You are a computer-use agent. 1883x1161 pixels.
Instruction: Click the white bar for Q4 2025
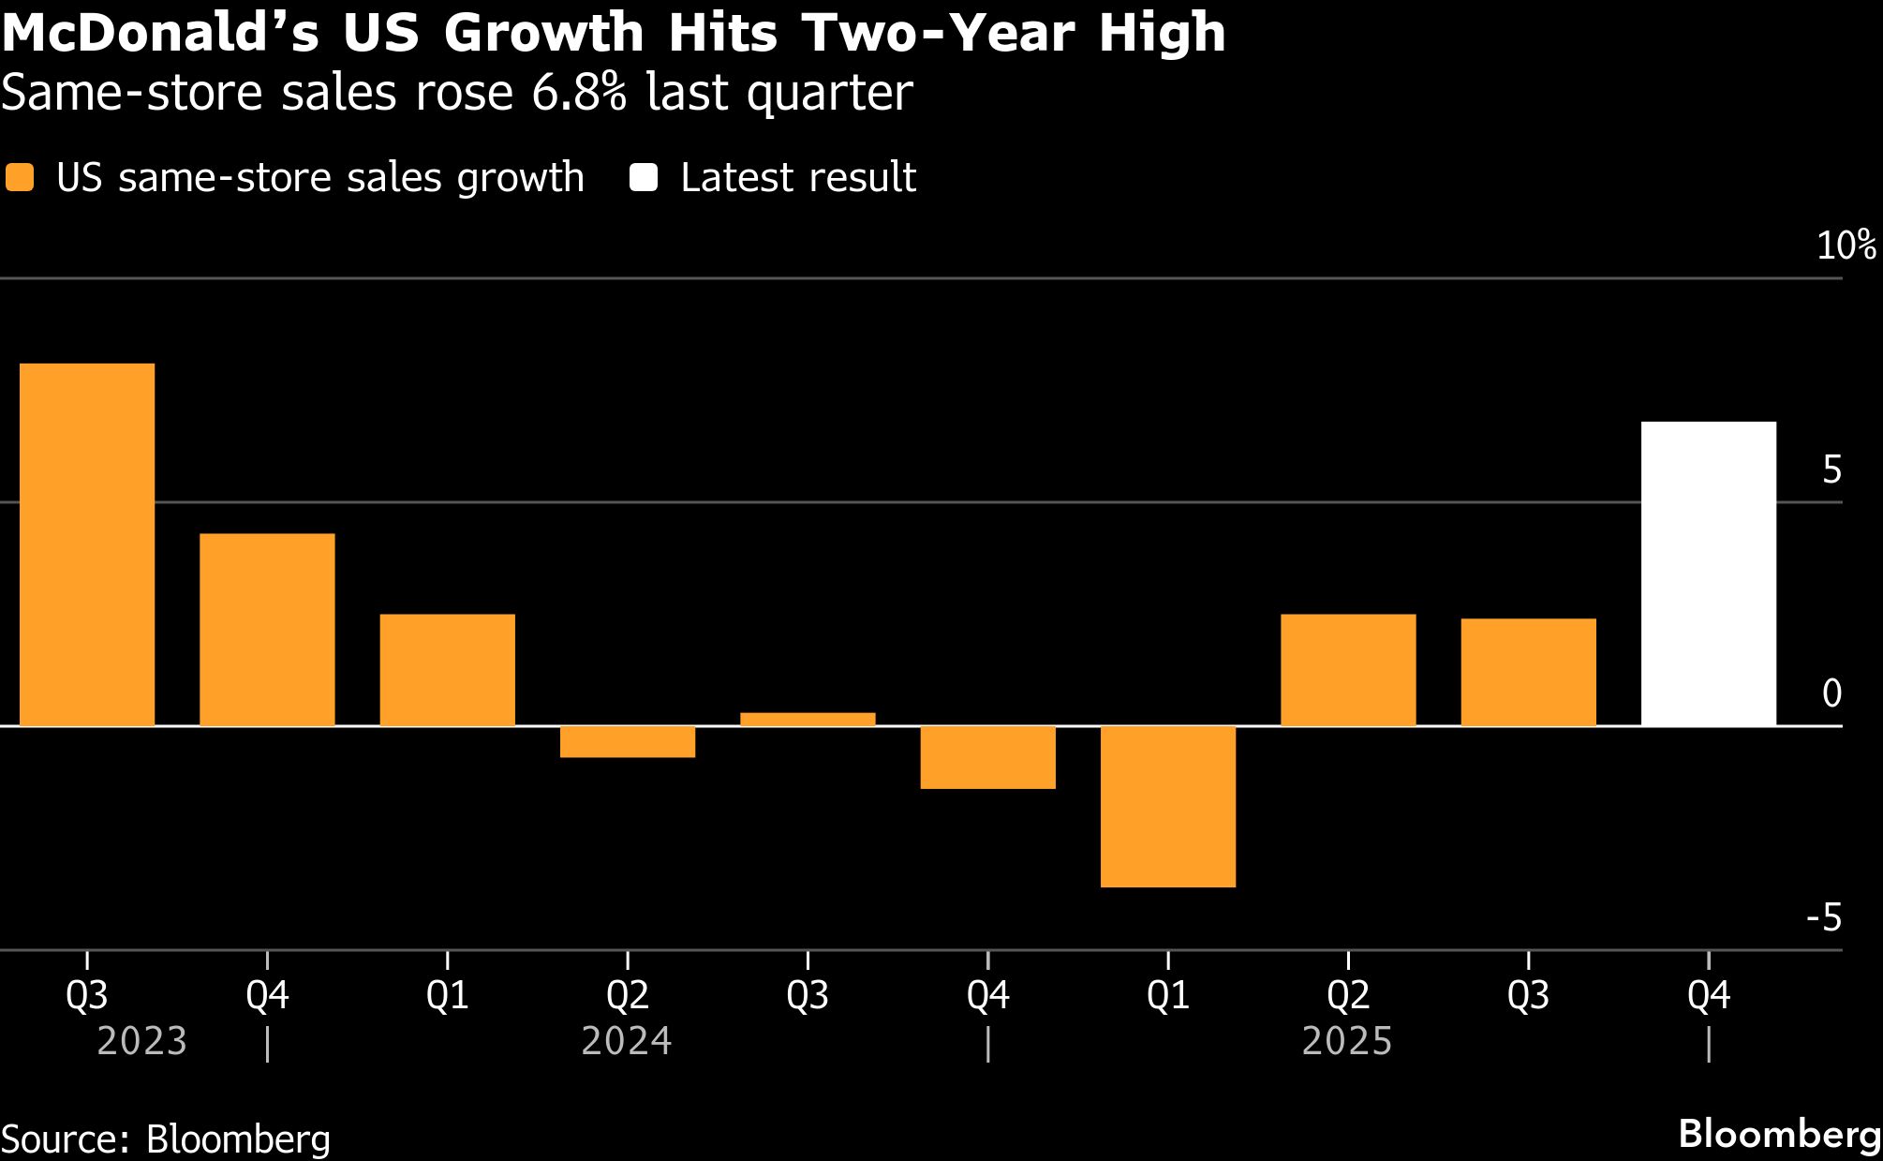pos(1709,573)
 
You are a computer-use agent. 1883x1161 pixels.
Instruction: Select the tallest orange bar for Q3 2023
pos(87,544)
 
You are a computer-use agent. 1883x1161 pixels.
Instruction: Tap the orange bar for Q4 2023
pos(267,630)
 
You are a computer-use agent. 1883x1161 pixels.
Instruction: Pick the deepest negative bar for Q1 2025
pos(1168,806)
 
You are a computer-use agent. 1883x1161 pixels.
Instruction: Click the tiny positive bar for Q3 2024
pos(808,719)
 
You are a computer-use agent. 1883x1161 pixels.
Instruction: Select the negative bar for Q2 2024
pos(628,741)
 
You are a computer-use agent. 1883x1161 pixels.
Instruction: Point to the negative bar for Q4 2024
pos(988,757)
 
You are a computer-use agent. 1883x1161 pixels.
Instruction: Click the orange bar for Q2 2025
pos(1348,670)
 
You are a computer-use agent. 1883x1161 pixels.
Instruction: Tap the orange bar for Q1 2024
pos(448,670)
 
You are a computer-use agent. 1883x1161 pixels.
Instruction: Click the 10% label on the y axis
pos(1846,246)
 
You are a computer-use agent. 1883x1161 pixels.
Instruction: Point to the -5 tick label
pos(1824,918)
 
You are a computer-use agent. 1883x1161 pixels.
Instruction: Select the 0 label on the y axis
pos(1832,694)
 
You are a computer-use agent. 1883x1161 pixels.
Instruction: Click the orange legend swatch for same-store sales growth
pos(20,178)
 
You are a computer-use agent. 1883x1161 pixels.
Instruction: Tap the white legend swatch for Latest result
pos(644,178)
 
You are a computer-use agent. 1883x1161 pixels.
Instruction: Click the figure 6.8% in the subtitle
pos(579,93)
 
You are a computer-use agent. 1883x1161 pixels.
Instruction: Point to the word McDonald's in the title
pos(159,34)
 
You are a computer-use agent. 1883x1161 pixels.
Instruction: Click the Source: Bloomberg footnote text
pos(166,1139)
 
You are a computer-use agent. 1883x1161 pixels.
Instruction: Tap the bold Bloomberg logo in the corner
pos(1779,1134)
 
